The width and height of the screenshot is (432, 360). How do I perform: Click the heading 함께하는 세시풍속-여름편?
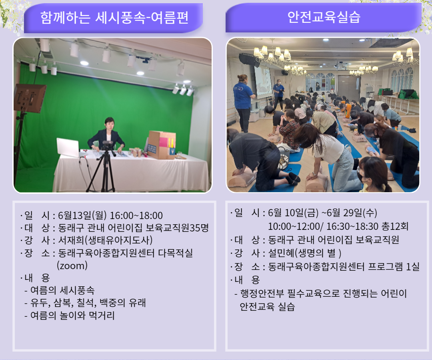coord(114,18)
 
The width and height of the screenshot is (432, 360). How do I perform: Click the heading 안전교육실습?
coord(324,17)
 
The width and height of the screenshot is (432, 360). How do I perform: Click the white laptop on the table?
coord(68,148)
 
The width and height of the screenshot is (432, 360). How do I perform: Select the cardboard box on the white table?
coord(162,145)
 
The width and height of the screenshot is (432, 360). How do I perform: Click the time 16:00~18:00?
coord(136,215)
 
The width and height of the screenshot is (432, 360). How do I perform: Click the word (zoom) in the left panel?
coord(72,265)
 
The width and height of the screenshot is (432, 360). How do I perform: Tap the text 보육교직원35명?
coord(177,227)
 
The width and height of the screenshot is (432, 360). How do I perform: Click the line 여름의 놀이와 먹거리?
coord(72,315)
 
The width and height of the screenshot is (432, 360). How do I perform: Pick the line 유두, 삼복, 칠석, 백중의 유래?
coord(88,303)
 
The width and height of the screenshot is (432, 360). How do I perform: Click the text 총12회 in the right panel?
coord(395,226)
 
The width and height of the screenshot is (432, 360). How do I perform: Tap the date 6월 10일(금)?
coord(293,213)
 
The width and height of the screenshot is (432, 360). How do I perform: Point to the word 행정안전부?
coord(262,293)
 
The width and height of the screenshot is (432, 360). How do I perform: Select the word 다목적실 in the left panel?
coord(176,253)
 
